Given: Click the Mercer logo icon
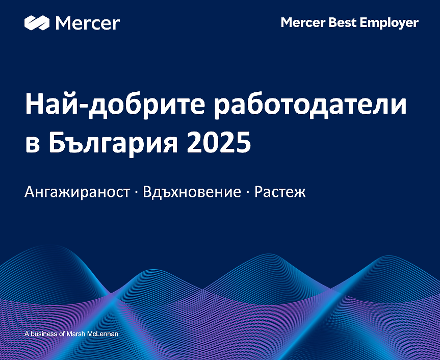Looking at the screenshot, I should [37, 23].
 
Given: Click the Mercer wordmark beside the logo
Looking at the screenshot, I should [87, 23].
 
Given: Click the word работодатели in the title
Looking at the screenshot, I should [312, 107].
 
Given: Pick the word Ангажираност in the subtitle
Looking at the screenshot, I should [76, 193].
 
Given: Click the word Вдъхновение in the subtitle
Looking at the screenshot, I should [192, 192].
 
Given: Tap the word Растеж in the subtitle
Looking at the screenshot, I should [280, 193].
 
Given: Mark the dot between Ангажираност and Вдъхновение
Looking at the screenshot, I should [136, 193].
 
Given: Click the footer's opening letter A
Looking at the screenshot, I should [27, 334].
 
